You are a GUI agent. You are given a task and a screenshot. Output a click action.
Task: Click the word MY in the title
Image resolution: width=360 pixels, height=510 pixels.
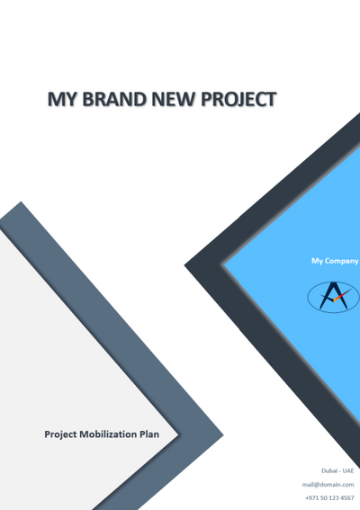click(x=62, y=98)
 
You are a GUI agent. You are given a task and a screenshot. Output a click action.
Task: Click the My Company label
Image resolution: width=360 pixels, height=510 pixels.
click(x=334, y=261)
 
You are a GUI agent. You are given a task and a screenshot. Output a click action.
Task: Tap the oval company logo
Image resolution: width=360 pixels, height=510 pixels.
click(x=333, y=297)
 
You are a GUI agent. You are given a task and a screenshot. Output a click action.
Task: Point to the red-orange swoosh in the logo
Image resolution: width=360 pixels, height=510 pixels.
click(x=339, y=298)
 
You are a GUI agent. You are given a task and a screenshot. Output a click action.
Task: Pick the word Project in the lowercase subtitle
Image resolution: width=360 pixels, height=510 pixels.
click(x=63, y=434)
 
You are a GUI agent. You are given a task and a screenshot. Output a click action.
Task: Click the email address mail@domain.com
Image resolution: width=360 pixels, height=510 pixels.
click(x=328, y=484)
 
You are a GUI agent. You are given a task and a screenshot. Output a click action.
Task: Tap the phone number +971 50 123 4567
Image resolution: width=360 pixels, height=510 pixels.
click(x=329, y=497)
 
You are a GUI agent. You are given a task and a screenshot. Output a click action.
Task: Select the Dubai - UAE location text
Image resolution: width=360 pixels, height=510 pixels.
click(x=337, y=470)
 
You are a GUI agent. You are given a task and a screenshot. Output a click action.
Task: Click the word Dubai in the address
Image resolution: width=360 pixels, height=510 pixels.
click(x=329, y=470)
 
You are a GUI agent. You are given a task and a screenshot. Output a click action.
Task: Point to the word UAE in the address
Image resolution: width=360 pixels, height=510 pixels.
click(x=348, y=470)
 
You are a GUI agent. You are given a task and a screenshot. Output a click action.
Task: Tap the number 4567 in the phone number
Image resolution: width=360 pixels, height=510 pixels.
click(x=346, y=497)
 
